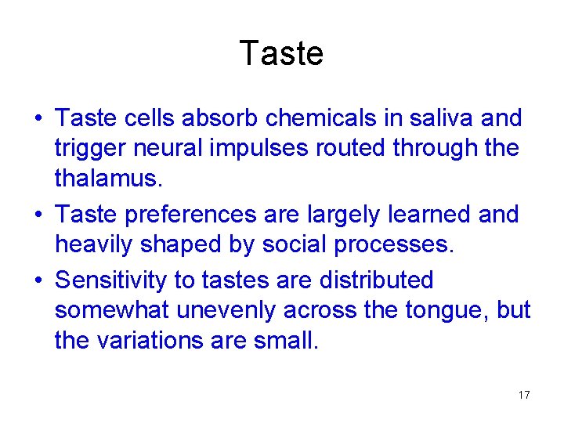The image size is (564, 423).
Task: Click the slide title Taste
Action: click(x=281, y=53)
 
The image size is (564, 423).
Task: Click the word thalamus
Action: click(x=108, y=179)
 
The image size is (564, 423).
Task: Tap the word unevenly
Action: click(x=226, y=310)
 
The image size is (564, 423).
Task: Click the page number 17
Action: click(x=524, y=395)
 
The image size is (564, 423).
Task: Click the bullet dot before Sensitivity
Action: click(x=37, y=280)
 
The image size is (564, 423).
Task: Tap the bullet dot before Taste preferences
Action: click(x=37, y=215)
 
